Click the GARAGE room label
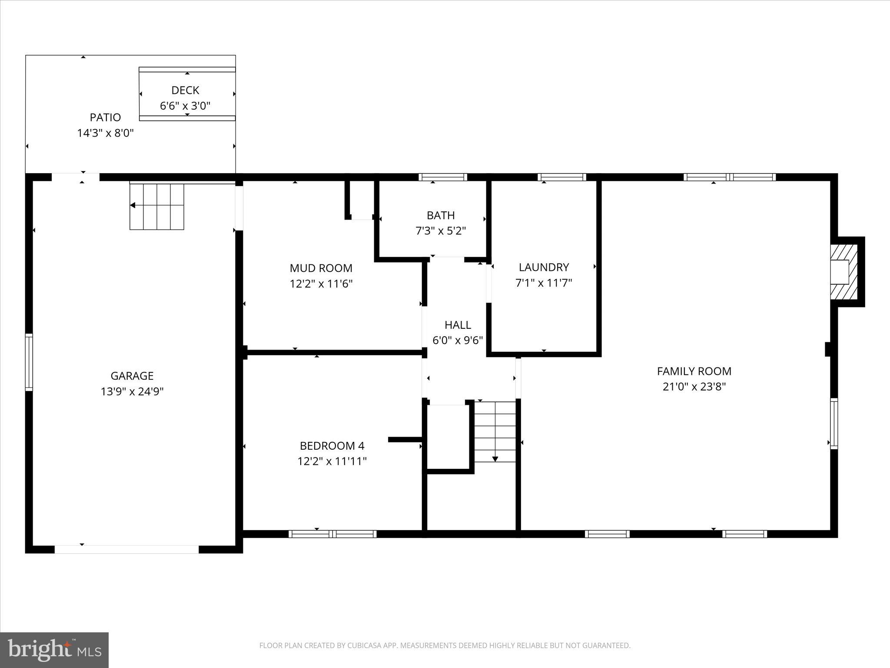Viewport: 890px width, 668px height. (132, 376)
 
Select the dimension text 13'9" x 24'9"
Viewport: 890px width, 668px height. (132, 391)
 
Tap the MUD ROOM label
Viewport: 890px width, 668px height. (321, 268)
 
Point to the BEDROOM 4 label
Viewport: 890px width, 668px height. (332, 446)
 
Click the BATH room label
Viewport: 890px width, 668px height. (441, 215)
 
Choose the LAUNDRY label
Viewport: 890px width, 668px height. (544, 267)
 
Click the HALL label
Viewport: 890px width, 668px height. (458, 325)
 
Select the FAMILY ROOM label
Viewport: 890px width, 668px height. (694, 371)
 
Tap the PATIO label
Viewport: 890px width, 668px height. (105, 117)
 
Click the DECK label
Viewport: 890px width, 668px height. (185, 90)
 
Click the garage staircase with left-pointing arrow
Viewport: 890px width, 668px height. (157, 206)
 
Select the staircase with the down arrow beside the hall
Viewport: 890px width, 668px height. (495, 431)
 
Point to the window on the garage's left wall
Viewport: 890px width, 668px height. (29, 362)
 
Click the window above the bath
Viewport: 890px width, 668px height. (442, 177)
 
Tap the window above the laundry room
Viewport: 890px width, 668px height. (561, 177)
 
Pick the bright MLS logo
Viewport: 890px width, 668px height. (54, 650)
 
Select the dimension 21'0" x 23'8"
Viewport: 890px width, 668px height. (694, 387)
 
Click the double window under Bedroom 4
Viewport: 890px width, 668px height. (332, 534)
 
